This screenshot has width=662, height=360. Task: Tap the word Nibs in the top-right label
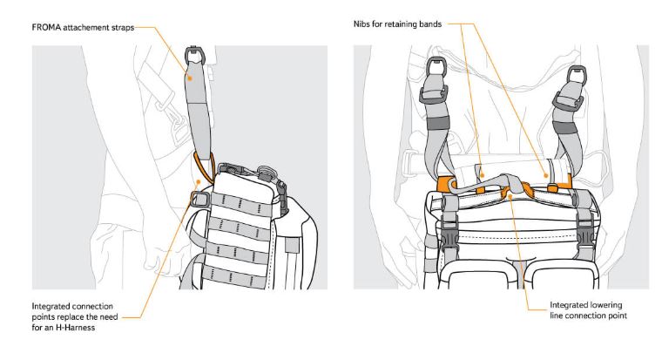click(x=361, y=24)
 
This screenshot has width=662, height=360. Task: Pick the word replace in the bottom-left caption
click(x=70, y=317)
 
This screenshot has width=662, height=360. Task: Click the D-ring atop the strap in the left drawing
click(x=194, y=55)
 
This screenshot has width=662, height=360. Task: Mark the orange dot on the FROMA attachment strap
click(x=190, y=78)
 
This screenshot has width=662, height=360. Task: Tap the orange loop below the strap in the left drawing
click(x=204, y=166)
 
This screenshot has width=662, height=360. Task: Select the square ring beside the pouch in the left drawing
click(x=199, y=198)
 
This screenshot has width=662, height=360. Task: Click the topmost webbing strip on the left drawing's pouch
click(x=240, y=203)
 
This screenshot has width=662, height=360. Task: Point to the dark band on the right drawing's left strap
click(x=438, y=123)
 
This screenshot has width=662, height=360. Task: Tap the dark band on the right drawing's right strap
click(x=565, y=128)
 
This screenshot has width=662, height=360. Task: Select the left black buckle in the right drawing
click(x=449, y=234)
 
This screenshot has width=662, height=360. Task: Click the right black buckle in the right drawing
click(x=584, y=234)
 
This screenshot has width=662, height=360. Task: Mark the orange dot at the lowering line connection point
click(x=510, y=196)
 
